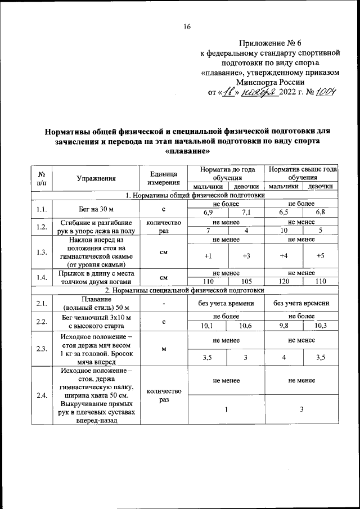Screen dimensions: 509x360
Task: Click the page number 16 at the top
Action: coord(187,26)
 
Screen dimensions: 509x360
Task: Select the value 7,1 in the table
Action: coord(245,211)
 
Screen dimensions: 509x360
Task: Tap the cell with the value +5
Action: coord(320,256)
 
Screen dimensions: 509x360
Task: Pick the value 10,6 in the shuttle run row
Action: coord(245,325)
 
